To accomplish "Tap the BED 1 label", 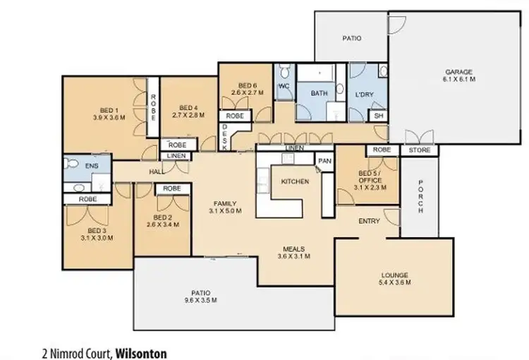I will click(x=107, y=111).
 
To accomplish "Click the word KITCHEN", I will click(x=295, y=181).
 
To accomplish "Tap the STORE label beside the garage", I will click(x=420, y=150).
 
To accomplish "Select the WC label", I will click(x=284, y=86).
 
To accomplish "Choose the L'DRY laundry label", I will click(x=364, y=93).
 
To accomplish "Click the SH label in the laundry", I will click(x=377, y=116).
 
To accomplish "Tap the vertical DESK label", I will click(x=224, y=133).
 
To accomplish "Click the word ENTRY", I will click(x=369, y=221).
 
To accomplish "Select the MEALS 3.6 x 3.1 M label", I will click(x=295, y=252).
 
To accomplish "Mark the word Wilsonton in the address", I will click(x=141, y=351).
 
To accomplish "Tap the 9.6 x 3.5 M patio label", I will click(x=199, y=300).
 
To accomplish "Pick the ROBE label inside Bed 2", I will click(x=171, y=188).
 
